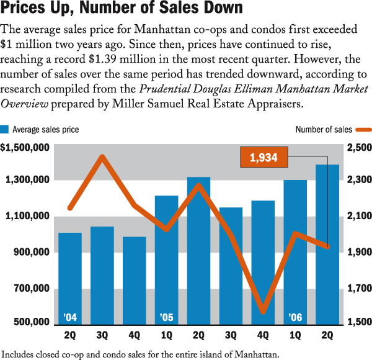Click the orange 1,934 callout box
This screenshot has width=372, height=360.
pos(263,158)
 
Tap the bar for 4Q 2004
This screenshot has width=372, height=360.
pos(134,279)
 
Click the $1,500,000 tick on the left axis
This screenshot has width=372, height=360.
pos(25,148)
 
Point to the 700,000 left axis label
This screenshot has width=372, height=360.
pos(29,289)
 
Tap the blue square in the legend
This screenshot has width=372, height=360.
pos(4,130)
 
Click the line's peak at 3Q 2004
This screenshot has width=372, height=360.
pos(102,156)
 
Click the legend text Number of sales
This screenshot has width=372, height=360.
pos(324,130)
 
